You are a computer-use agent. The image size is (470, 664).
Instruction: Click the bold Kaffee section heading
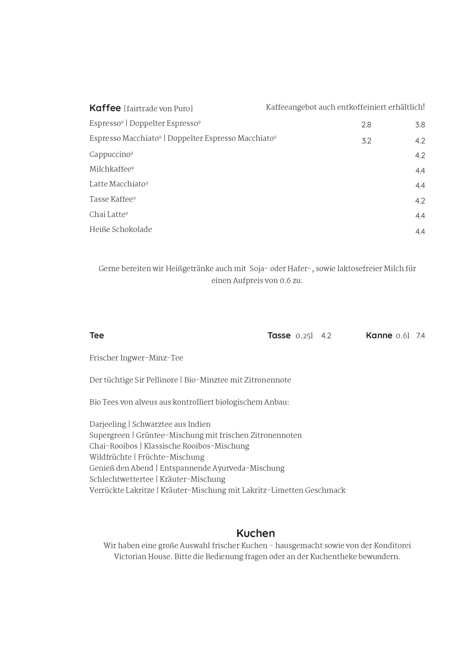105,108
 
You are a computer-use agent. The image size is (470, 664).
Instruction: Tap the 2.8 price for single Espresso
366,125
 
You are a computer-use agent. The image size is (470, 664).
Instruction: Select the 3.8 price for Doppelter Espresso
420,125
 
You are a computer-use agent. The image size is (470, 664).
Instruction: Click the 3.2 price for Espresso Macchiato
366,141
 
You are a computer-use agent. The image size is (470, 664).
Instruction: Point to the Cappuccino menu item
110,154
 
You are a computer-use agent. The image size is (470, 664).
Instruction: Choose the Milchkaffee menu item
110,169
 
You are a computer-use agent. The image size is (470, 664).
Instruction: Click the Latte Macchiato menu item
117,184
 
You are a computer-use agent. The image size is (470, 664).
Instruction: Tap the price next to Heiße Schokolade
420,232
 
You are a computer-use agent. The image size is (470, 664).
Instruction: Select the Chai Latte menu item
107,215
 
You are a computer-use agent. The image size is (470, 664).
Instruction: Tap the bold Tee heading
97,335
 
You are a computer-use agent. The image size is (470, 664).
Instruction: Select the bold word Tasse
279,335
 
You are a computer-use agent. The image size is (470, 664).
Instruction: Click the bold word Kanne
379,335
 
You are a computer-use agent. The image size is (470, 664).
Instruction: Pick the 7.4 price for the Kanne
420,336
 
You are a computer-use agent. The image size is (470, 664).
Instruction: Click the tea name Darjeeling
108,424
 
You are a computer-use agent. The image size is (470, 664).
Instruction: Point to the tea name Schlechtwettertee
121,479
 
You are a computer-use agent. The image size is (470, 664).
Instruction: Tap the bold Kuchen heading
255,533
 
